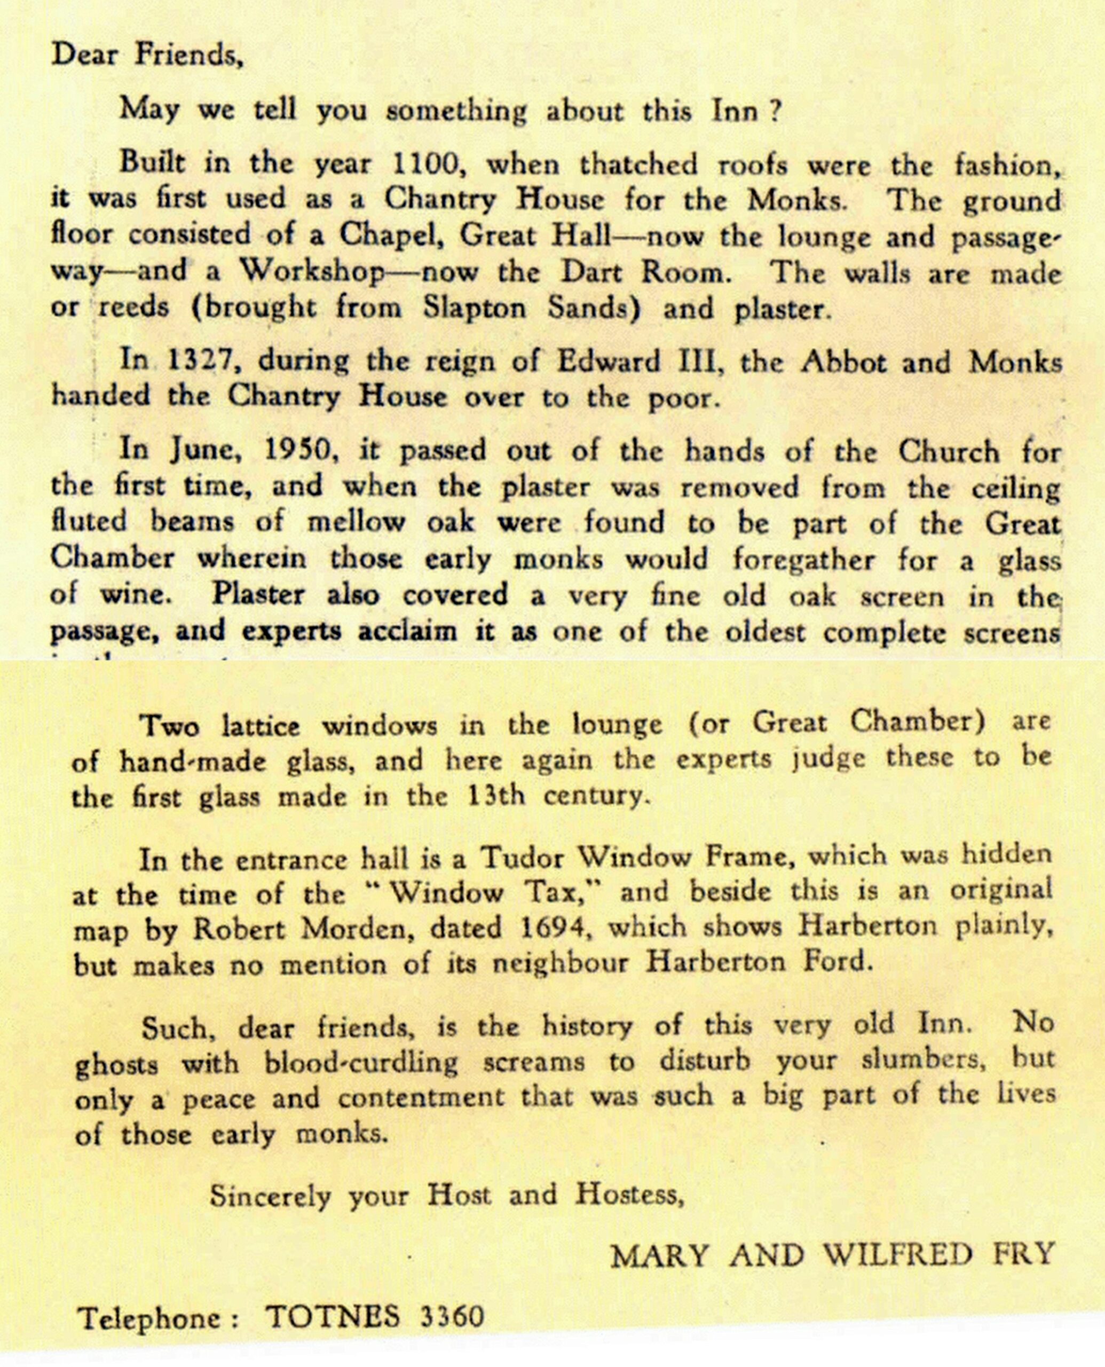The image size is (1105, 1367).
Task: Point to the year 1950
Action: pos(297,450)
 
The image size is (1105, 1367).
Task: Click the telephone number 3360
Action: pos(453,1316)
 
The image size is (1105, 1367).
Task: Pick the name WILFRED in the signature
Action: pos(898,1255)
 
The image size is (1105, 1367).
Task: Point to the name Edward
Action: pos(606,362)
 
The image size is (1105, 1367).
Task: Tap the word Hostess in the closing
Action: pos(629,1195)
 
